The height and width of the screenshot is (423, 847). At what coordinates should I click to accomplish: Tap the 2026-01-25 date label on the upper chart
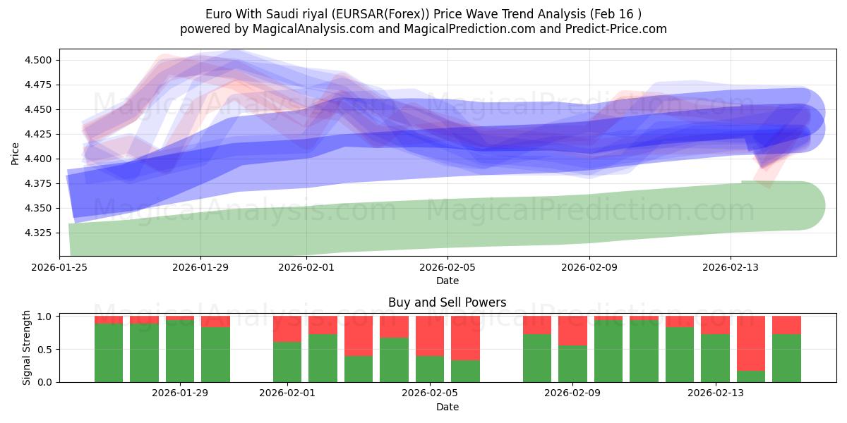click(59, 267)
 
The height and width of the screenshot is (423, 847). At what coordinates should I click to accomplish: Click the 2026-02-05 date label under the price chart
click(447, 267)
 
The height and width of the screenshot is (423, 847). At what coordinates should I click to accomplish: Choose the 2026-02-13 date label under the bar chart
click(716, 393)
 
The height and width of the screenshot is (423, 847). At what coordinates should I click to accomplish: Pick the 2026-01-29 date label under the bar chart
click(181, 393)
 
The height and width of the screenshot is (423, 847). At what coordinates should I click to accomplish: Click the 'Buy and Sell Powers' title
click(447, 302)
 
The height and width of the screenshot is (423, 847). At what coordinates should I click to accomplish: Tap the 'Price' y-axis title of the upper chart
click(16, 153)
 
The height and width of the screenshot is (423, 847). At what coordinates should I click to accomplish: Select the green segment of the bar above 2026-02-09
click(572, 364)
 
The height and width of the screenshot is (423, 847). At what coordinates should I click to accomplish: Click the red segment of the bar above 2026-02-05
click(430, 336)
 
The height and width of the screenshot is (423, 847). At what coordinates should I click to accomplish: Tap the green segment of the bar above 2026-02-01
click(287, 362)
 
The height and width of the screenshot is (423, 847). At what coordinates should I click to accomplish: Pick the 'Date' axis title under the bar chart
click(447, 407)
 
